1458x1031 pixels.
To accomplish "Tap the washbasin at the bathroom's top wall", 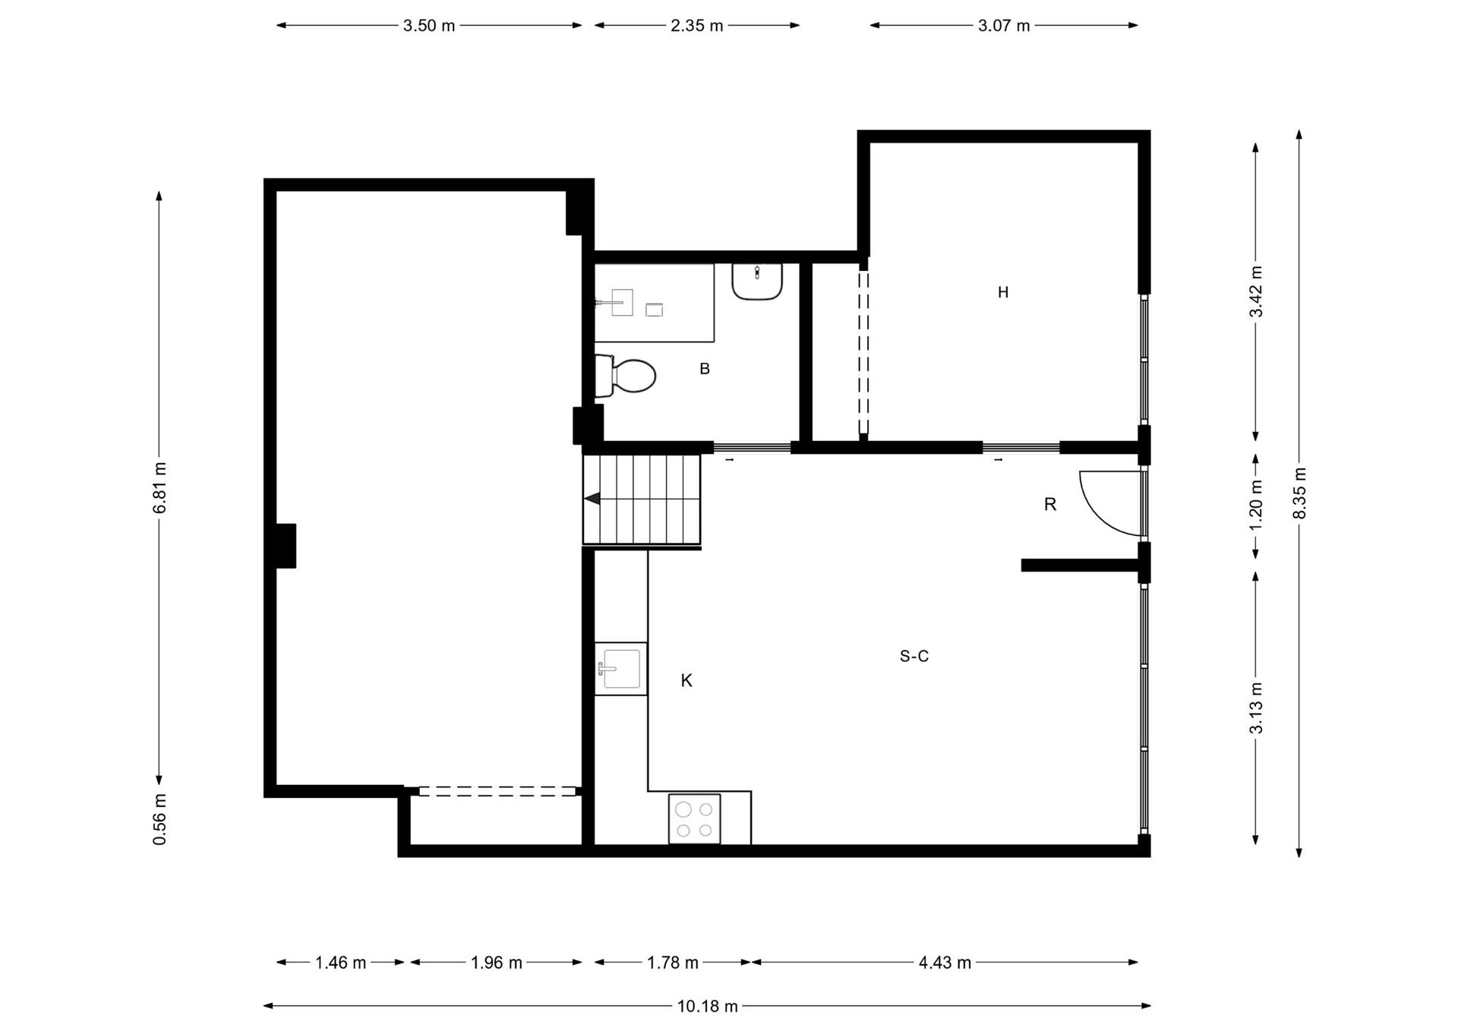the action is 757,281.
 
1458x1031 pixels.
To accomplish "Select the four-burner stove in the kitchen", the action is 694,818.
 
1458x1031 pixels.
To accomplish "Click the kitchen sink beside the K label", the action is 620,668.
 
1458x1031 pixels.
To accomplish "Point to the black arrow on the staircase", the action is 592,498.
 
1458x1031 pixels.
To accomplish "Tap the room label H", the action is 1003,292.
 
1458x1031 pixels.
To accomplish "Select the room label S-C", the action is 914,656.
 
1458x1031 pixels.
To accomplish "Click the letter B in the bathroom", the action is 705,369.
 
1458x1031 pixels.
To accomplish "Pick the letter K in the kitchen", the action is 686,681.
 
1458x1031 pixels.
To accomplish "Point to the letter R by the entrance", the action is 1050,504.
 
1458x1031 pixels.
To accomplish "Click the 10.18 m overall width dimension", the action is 708,1006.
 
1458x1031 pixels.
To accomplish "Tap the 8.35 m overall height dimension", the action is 1299,493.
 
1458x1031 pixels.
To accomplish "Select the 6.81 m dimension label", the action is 159,487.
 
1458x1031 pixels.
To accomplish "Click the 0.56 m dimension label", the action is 159,819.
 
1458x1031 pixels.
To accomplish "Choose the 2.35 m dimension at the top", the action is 697,26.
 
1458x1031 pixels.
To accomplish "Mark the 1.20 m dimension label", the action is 1255,506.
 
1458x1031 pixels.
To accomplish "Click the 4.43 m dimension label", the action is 945,963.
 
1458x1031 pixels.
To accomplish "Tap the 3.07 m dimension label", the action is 1004,26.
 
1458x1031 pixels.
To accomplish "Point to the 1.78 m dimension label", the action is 673,963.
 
